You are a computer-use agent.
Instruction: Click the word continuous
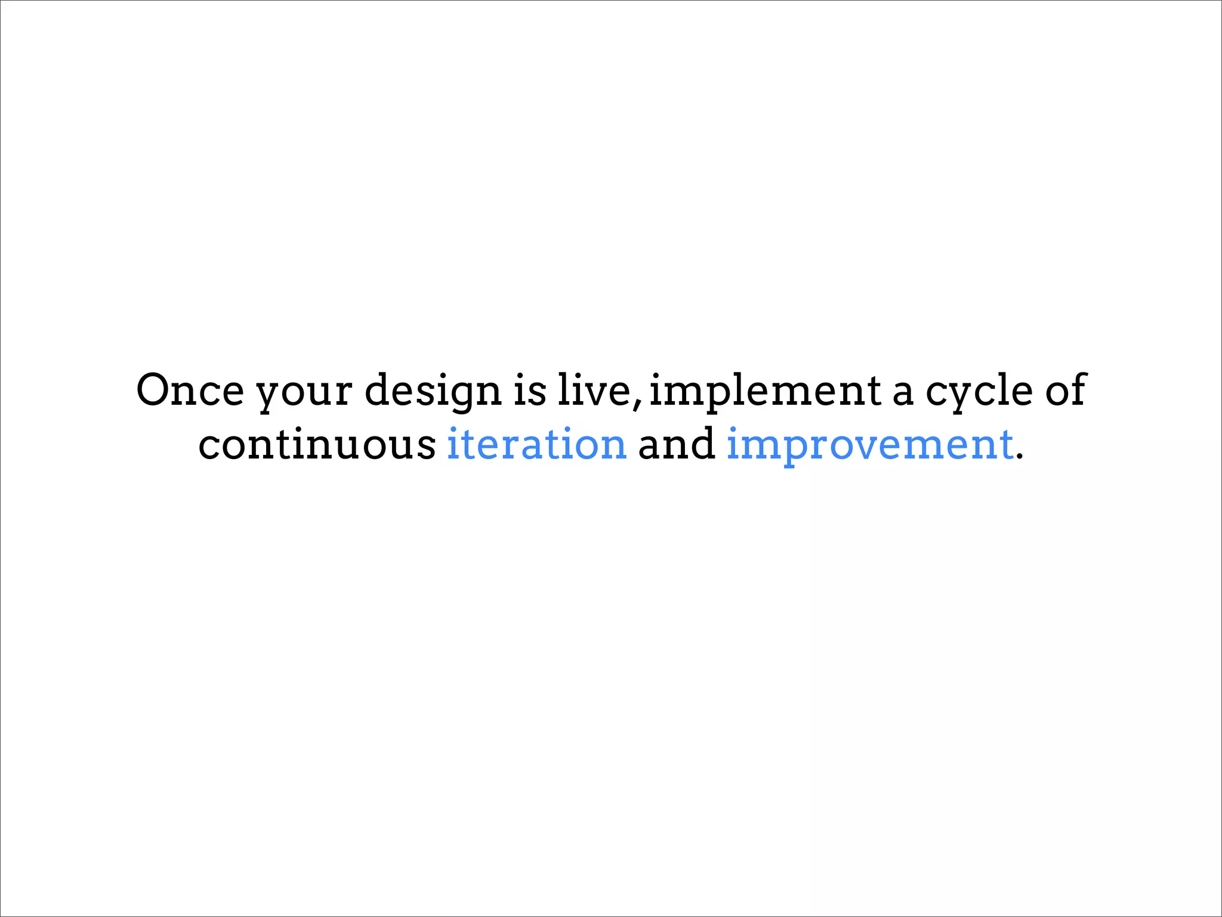(x=317, y=444)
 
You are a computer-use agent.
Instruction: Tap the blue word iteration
(x=536, y=444)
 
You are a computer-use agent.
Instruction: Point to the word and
(x=677, y=444)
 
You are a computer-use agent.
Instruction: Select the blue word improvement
(x=869, y=447)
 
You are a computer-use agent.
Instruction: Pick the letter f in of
(x=1078, y=389)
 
